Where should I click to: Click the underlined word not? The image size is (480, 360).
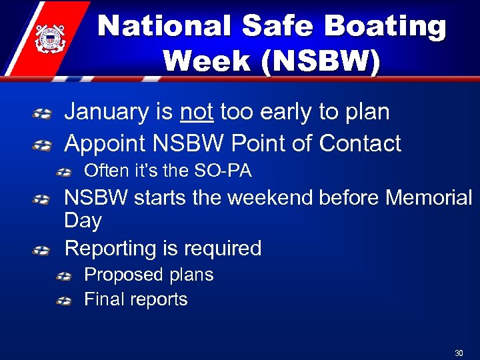tap(197, 112)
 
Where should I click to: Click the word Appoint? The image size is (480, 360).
tap(105, 143)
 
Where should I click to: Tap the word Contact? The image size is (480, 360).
tap(360, 143)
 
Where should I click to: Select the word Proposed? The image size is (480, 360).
tap(123, 275)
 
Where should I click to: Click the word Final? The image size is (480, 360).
tap(105, 299)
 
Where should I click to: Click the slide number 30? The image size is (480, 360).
tap(459, 353)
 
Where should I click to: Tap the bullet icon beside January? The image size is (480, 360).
tap(41, 113)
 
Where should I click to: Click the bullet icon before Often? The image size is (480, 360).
tap(64, 172)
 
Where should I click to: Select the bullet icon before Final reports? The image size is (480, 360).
tap(64, 301)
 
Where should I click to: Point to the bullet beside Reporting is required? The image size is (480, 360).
tap(41, 249)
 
